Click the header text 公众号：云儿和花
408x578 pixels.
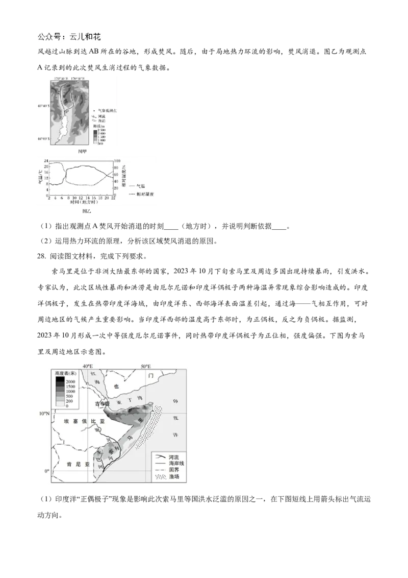pos(70,37)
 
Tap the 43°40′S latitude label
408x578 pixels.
pos(43,106)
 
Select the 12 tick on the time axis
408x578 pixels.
pos(81,198)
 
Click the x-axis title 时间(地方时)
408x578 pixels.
pos(81,203)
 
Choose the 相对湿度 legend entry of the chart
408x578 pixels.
pos(146,195)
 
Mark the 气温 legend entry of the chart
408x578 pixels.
pos(141,186)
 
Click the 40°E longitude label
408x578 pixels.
pos(88,366)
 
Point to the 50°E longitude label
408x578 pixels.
pos(146,366)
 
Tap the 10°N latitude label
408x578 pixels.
pos(43,413)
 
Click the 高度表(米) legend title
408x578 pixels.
pos(65,374)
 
